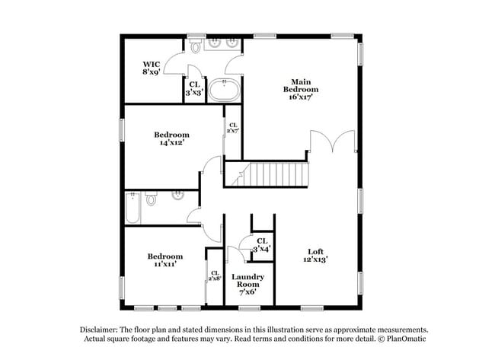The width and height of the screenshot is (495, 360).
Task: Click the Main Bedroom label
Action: (x=301, y=89)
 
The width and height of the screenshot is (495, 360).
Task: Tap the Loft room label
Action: (x=316, y=255)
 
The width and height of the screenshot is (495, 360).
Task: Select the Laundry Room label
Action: (x=247, y=284)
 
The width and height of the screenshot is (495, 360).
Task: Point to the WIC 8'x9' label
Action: (x=152, y=68)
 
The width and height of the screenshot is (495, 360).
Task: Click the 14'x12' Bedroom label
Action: (x=172, y=139)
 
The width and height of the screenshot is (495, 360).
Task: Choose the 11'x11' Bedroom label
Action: (x=165, y=260)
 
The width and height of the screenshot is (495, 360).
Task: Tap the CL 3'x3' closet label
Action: (x=194, y=88)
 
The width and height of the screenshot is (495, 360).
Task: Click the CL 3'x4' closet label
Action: (x=262, y=245)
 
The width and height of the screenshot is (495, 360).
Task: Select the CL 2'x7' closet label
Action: (x=233, y=128)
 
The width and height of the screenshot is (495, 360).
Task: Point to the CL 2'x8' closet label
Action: (x=215, y=276)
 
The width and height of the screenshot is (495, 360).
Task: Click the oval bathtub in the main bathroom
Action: (x=224, y=91)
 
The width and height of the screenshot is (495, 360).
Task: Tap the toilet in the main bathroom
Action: (x=196, y=46)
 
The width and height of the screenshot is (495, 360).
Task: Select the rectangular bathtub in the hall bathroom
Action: (x=133, y=208)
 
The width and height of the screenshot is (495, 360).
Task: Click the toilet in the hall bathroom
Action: (x=152, y=198)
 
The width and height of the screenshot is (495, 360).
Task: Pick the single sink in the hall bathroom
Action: (x=178, y=196)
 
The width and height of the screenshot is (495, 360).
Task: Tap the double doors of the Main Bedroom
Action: (x=333, y=141)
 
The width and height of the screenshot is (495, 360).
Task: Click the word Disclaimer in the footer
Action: (x=99, y=330)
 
